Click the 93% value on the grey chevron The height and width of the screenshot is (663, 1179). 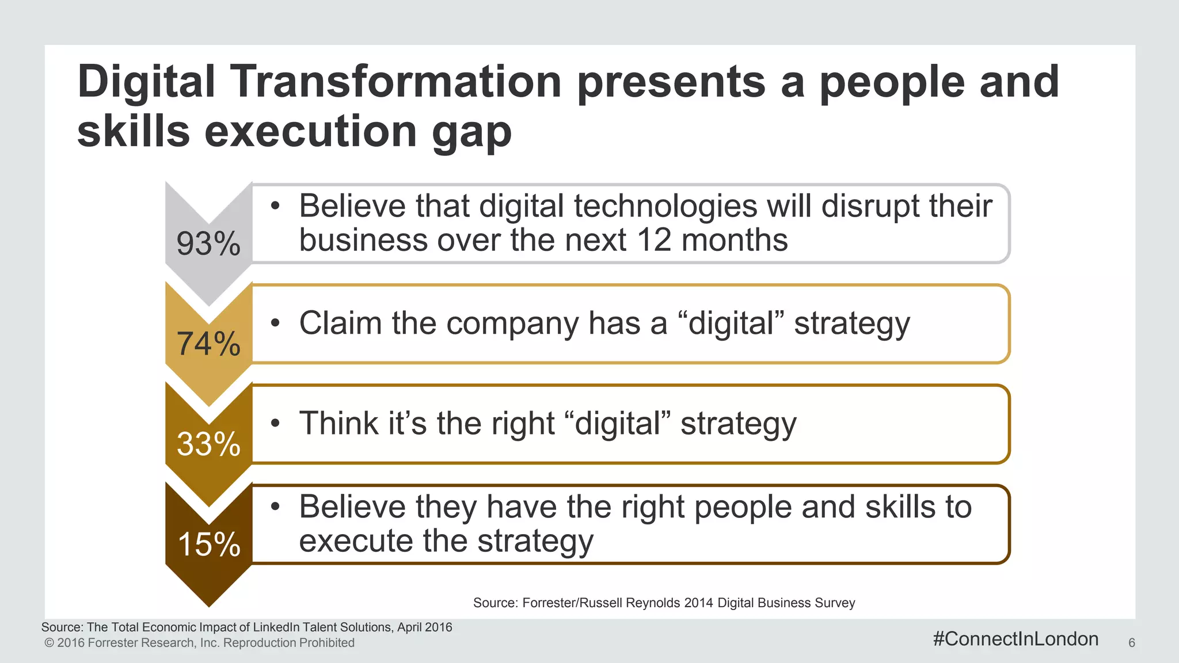(x=208, y=243)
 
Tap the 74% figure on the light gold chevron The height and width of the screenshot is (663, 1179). (x=208, y=344)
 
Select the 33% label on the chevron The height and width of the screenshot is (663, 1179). (x=208, y=444)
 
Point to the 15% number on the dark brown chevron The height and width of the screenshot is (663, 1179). (x=208, y=544)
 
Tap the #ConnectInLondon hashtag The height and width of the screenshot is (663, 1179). (x=1016, y=639)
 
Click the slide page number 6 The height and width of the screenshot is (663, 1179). (x=1131, y=643)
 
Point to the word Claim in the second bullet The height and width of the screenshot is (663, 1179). (x=340, y=323)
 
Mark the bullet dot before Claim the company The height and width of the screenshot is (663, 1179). (x=276, y=323)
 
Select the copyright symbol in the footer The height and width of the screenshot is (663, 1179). (x=49, y=643)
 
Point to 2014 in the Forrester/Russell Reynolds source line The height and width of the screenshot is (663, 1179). (x=698, y=603)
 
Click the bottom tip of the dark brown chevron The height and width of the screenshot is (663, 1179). (x=209, y=604)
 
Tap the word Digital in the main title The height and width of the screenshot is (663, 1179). (x=146, y=82)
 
